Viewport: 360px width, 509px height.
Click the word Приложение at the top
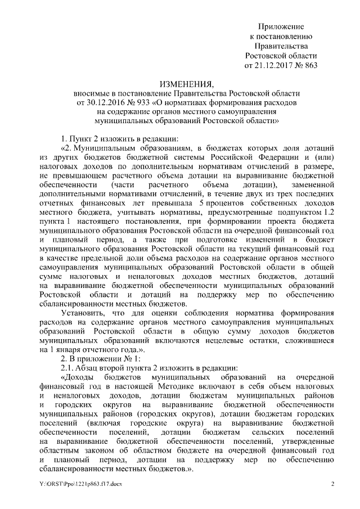pyautogui.click(x=281, y=27)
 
